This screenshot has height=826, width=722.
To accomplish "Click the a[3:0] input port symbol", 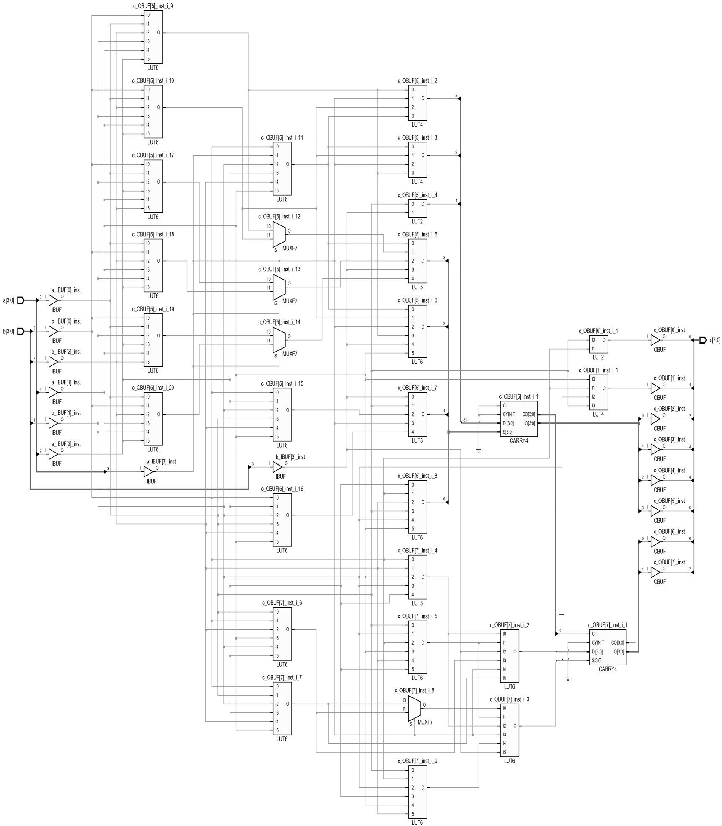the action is click(21, 300).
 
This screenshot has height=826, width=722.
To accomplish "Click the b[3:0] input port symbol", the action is click(21, 331).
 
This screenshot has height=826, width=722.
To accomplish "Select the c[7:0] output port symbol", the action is click(703, 340).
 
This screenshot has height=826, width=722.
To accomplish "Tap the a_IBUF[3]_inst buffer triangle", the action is click(148, 472).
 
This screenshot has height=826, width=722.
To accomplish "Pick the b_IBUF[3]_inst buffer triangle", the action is click(277, 467).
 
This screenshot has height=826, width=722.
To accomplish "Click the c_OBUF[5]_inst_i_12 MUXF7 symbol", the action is click(279, 235).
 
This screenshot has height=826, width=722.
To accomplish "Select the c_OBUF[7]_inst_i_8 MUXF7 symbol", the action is click(414, 709).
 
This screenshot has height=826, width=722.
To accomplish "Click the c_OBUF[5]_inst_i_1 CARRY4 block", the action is click(519, 419).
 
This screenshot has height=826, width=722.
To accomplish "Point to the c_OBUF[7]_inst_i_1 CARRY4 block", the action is click(608, 647).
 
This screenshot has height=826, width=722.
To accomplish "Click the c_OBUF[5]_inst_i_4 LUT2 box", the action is click(417, 208).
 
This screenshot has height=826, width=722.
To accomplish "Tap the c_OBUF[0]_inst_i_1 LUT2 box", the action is click(598, 344).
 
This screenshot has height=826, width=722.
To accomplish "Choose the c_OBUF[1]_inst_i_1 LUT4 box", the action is click(598, 392).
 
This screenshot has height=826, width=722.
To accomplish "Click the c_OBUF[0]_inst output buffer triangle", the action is click(655, 340).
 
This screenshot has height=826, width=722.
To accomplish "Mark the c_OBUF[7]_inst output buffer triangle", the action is click(655, 572).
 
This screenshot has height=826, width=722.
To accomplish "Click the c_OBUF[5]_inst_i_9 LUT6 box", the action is click(153, 37).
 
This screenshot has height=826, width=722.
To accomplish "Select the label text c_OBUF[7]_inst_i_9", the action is click(417, 761).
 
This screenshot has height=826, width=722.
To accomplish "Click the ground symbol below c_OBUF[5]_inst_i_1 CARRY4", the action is click(479, 451).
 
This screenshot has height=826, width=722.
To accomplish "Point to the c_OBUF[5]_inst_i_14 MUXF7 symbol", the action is click(279, 340).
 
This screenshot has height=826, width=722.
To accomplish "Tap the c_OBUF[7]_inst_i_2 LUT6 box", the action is click(510, 656).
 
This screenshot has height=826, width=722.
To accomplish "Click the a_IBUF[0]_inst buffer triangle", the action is click(53, 300).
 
